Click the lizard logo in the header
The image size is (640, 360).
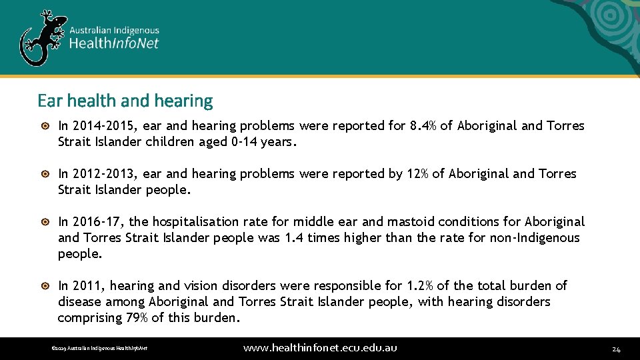42,37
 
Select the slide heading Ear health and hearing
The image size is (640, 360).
125,101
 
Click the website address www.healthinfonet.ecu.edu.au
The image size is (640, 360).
320,348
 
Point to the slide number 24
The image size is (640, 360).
616,349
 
